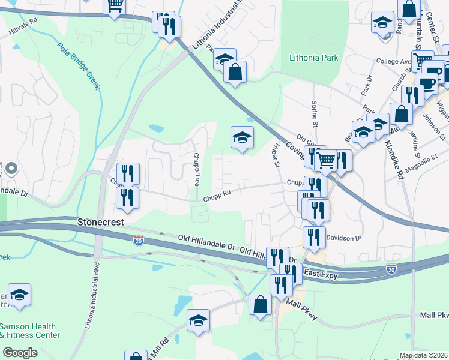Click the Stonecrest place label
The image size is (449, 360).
pos(100,222)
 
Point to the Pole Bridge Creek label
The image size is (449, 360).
pos(79,66)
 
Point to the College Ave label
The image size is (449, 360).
pos(393,61)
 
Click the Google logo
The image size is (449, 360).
pos(20,353)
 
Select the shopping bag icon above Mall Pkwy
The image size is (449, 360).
pos(261,304)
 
